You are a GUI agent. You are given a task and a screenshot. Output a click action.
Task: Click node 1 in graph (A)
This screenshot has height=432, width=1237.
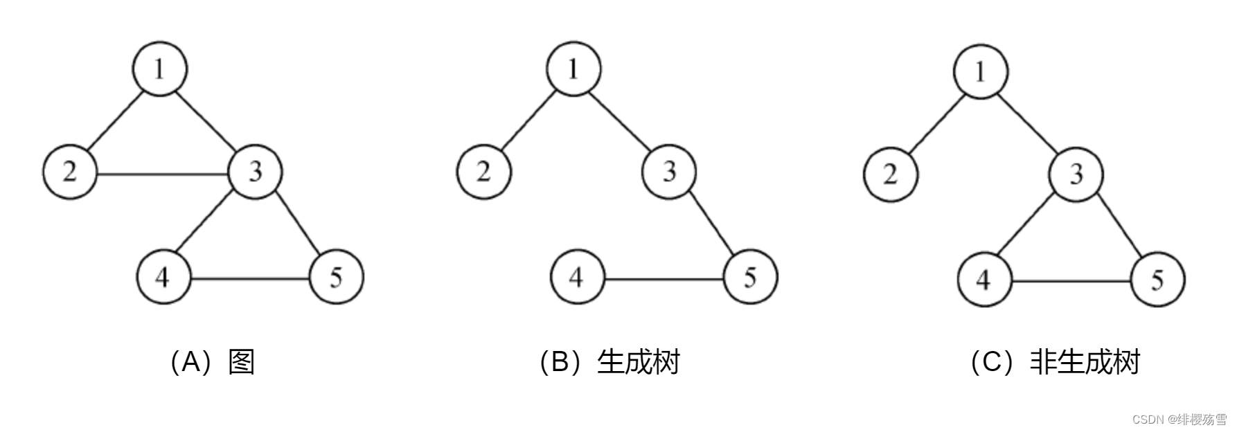click(x=160, y=69)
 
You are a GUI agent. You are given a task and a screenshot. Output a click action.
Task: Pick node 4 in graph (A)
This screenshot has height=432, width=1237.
click(x=163, y=278)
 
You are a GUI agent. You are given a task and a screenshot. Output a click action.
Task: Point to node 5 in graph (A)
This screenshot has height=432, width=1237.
click(x=336, y=278)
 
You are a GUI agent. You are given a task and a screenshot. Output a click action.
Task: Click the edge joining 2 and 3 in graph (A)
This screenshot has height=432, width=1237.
click(x=163, y=172)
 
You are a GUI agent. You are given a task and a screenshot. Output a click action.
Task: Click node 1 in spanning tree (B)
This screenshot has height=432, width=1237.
click(x=573, y=69)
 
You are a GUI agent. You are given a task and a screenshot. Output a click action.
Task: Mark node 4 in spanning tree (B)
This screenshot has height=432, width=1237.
click(x=577, y=278)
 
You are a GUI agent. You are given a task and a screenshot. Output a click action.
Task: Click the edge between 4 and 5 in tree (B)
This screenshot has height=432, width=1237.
click(x=664, y=279)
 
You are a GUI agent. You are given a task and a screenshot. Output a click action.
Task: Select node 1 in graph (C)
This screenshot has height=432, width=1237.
click(x=981, y=71)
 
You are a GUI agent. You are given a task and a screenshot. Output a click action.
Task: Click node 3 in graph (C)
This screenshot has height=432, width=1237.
click(x=1076, y=174)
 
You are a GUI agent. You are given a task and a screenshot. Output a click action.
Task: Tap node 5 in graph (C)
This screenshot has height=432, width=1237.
click(x=1157, y=280)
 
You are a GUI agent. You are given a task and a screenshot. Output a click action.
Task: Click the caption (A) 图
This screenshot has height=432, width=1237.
click(x=212, y=362)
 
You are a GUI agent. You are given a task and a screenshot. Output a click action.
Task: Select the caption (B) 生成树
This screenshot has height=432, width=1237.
click(x=609, y=362)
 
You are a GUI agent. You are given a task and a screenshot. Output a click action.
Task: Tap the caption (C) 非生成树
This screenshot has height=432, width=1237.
click(x=1055, y=362)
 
